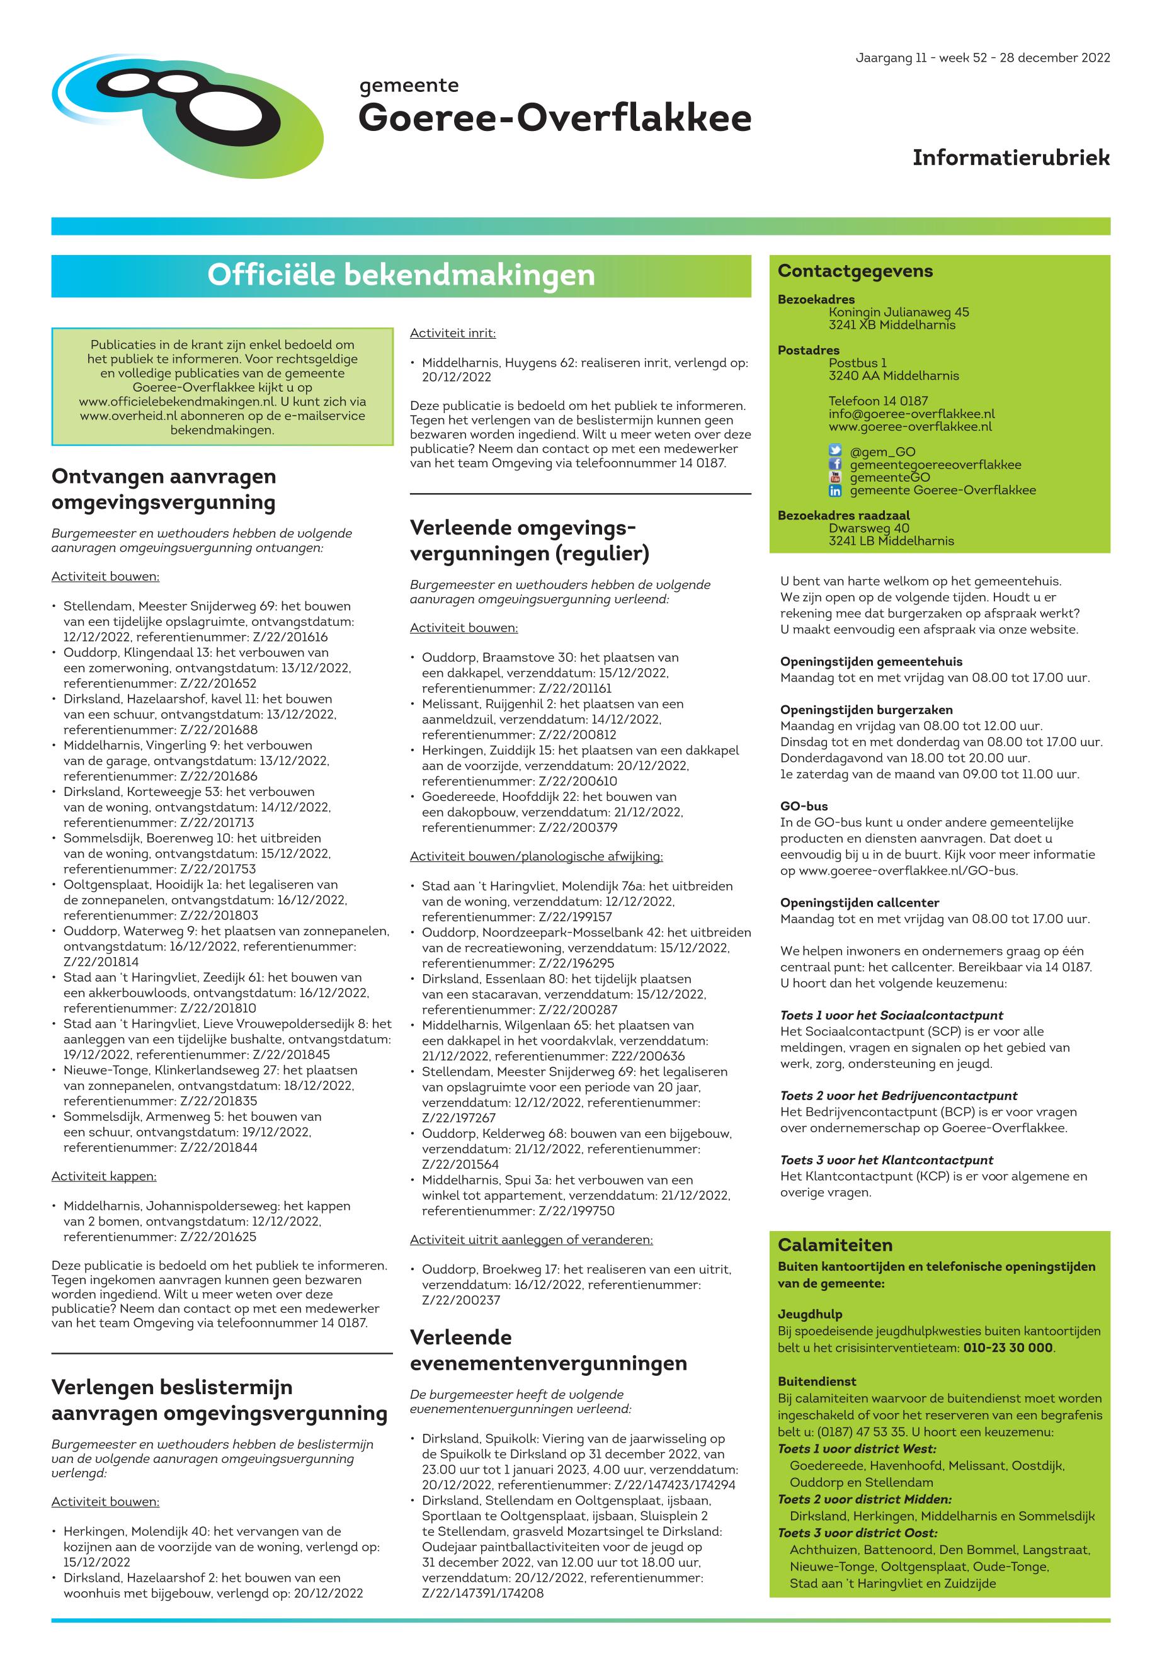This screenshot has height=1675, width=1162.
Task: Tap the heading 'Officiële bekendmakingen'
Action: tap(401, 275)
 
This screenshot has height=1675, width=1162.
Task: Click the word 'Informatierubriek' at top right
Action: tap(1011, 157)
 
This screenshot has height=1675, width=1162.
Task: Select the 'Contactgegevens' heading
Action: tap(855, 271)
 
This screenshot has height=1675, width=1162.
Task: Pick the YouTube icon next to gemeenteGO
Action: tap(835, 477)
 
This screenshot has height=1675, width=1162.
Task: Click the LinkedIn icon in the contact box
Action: tap(835, 491)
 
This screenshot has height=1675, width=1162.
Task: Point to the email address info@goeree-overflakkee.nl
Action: tap(911, 414)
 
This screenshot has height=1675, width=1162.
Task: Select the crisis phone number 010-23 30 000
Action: tap(1008, 1348)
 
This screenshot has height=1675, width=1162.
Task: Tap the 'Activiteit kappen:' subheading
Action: tap(103, 1176)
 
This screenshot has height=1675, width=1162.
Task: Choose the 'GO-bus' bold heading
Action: tap(804, 807)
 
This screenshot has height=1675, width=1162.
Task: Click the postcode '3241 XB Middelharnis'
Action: tap(891, 325)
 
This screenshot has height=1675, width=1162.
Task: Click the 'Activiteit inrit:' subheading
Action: tap(452, 333)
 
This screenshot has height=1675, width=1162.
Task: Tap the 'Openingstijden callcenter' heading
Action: tap(859, 902)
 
